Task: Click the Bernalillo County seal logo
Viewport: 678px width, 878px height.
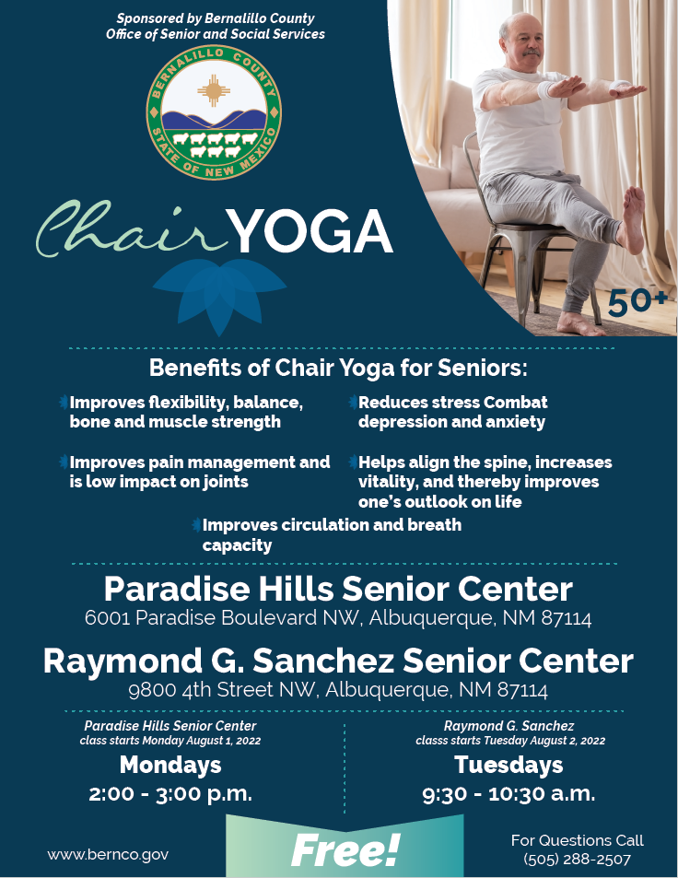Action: click(214, 112)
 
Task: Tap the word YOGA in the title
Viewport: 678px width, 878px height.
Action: click(310, 231)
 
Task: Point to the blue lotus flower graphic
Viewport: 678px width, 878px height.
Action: click(219, 294)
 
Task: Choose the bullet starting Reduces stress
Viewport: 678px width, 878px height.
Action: click(452, 412)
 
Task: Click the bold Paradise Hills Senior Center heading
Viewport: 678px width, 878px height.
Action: click(338, 589)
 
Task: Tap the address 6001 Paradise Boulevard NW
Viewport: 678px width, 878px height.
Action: click(338, 618)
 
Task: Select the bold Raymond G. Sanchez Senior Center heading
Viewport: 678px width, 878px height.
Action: click(338, 661)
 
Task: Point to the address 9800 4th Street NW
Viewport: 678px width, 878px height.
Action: click(338, 690)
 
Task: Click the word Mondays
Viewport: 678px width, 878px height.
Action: click(170, 765)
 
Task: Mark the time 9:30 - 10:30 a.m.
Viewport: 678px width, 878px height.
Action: click(508, 793)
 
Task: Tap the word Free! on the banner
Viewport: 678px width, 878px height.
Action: click(345, 849)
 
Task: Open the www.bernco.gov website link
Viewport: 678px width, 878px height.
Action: click(108, 854)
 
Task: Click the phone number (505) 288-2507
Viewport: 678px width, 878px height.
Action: click(577, 859)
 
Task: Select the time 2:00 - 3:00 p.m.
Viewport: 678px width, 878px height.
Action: click(170, 793)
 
